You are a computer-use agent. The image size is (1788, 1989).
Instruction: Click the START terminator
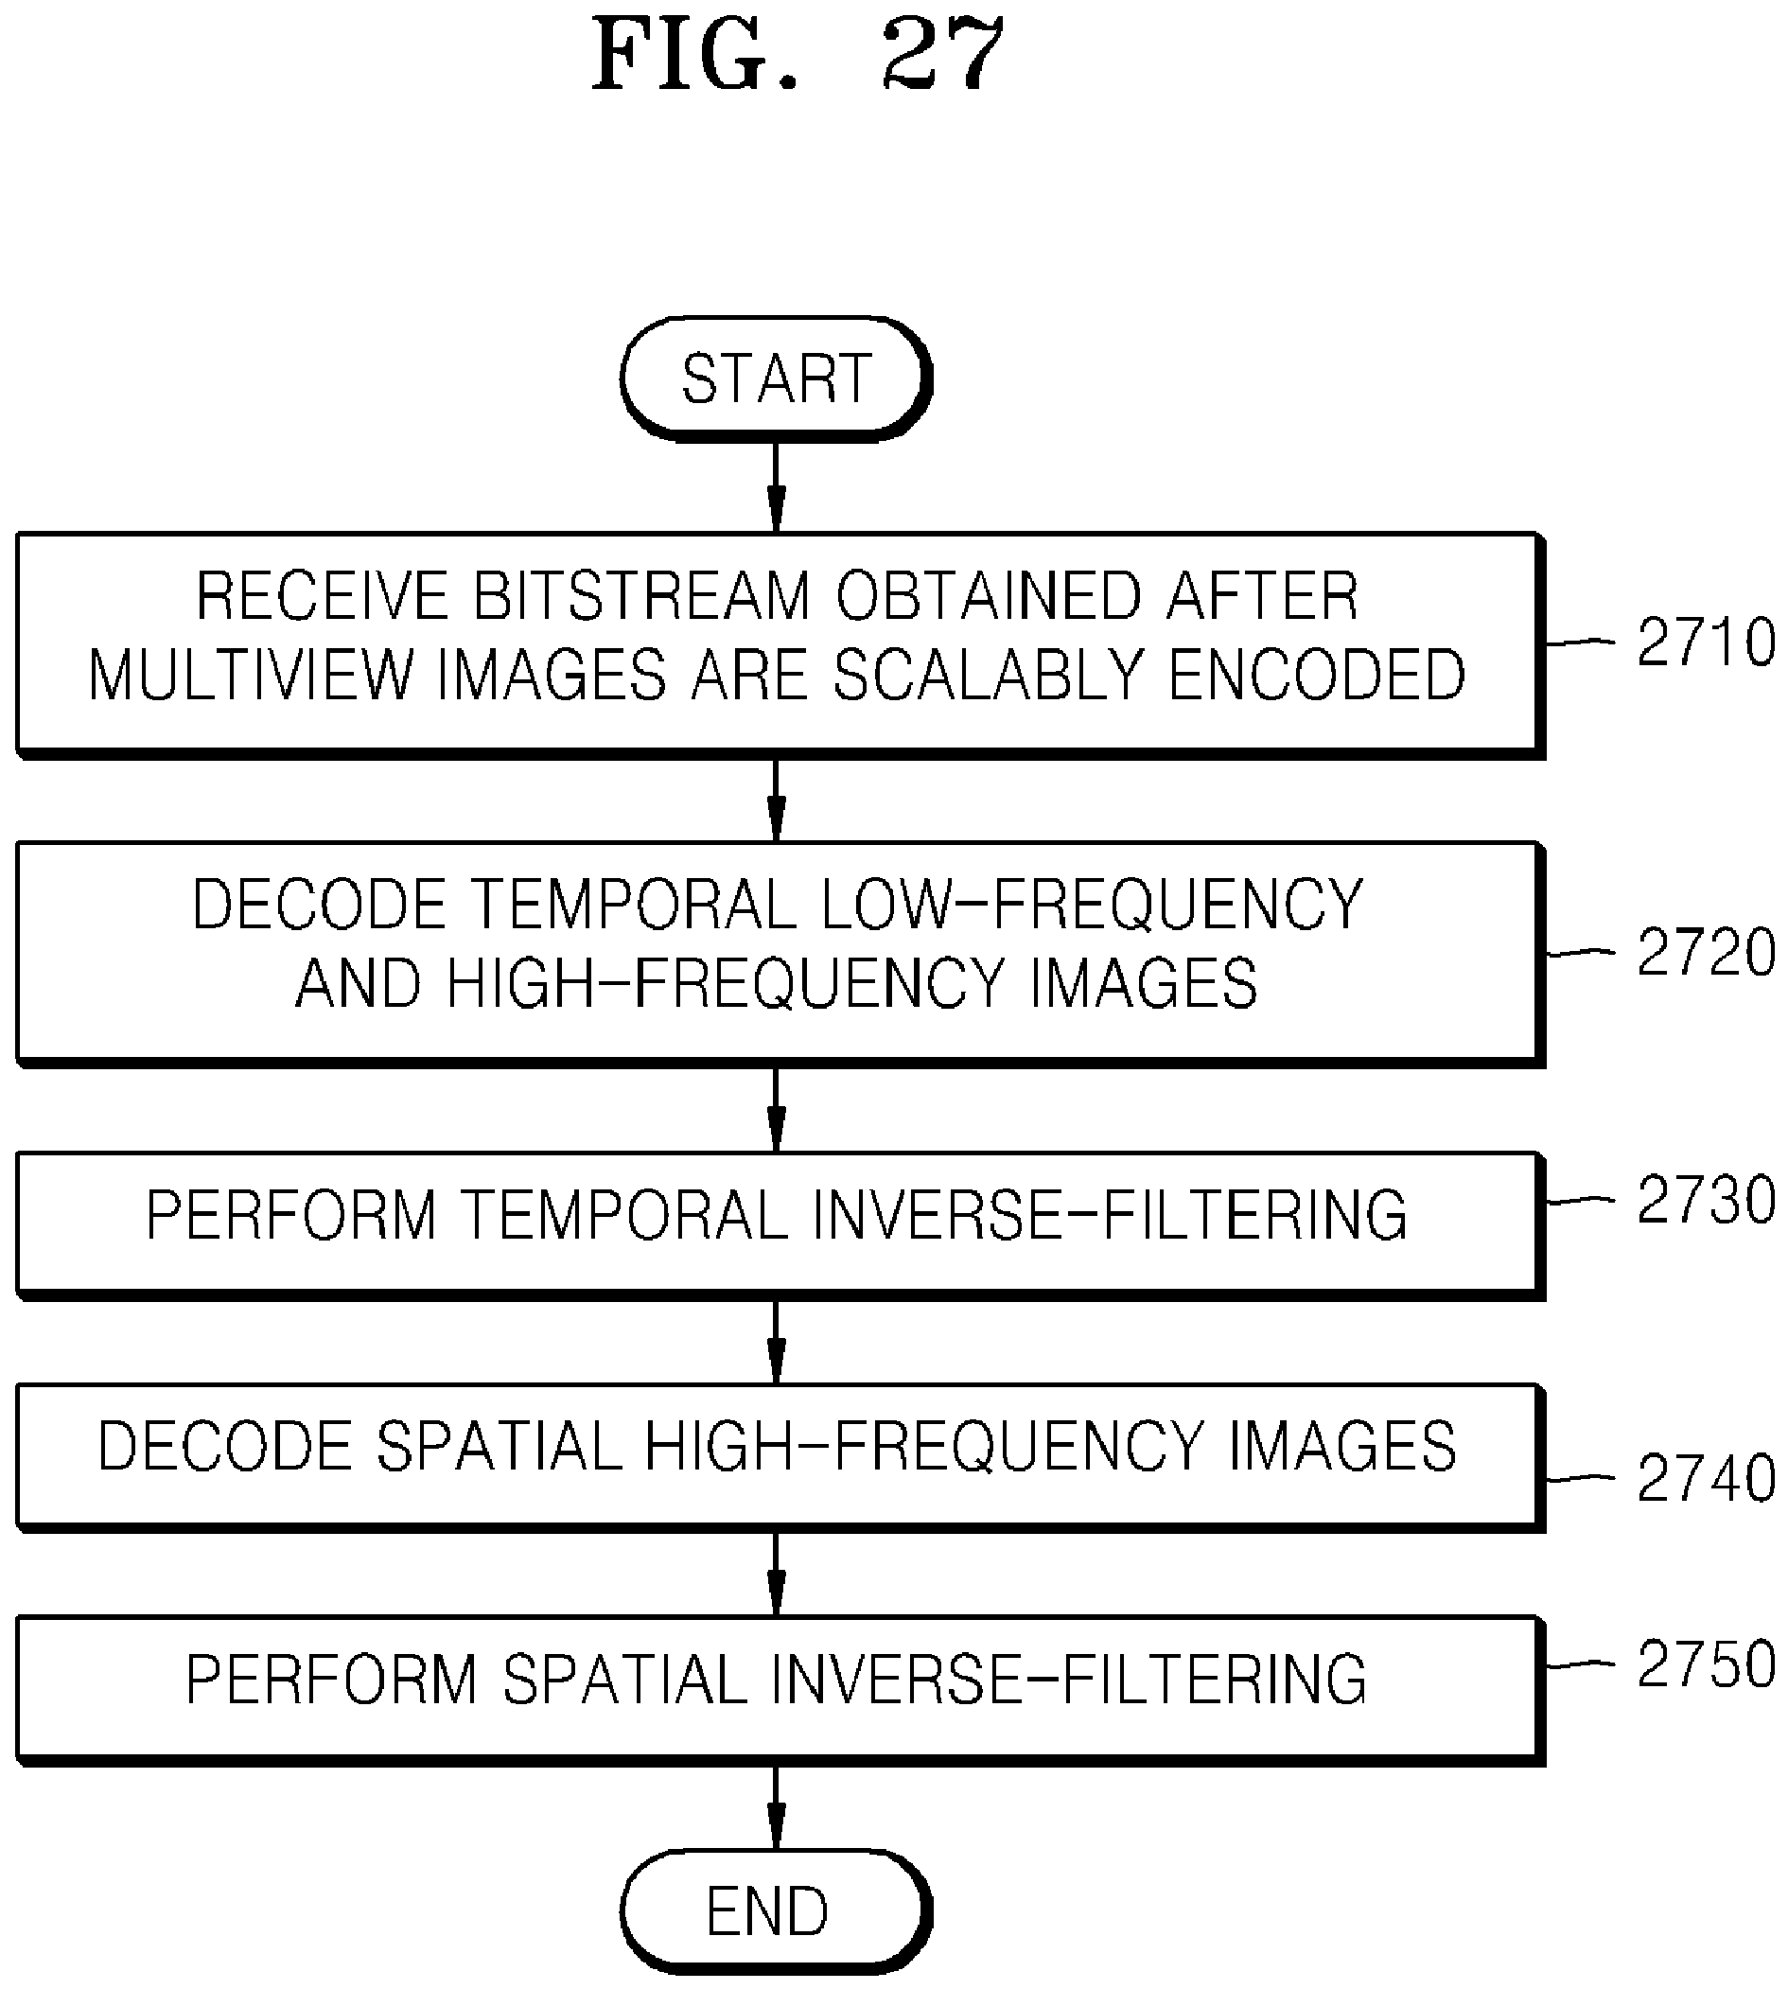pos(775,378)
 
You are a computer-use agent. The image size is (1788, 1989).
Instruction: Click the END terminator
pos(775,1911)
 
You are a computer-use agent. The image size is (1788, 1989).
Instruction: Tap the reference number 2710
pos(1707,642)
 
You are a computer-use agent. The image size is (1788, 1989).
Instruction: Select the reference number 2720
pos(1707,951)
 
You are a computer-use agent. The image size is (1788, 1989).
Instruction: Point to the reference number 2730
pos(1707,1200)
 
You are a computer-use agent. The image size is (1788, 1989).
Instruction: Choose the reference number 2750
pos(1707,1663)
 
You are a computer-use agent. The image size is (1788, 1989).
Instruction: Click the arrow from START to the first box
pos(776,486)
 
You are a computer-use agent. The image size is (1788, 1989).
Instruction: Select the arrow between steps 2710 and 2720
pos(776,800)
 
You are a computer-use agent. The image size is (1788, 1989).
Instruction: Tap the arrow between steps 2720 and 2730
pos(776,1110)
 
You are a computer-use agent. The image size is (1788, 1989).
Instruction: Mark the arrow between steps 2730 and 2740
pos(776,1343)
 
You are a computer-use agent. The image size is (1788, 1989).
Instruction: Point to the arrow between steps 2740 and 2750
pos(776,1575)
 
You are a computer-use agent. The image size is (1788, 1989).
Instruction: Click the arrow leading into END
pos(776,1807)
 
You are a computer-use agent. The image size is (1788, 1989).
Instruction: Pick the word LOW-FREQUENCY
pos(1092,904)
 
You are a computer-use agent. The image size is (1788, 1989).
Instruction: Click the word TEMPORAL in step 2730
pos(624,1215)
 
